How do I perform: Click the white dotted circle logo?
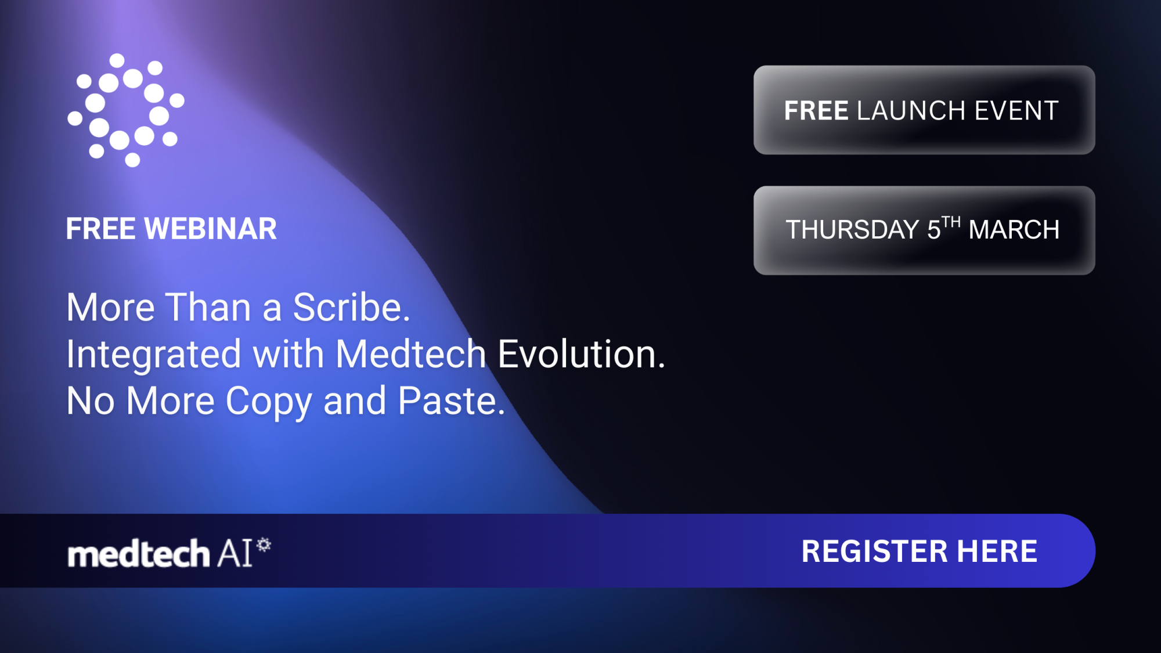(126, 110)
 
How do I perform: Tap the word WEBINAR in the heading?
(211, 229)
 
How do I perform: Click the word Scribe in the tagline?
(351, 307)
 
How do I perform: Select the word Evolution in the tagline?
(581, 354)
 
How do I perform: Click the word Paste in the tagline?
(451, 401)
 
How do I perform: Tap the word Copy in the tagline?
(269, 402)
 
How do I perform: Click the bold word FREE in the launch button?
(816, 111)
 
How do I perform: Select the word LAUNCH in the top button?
(911, 111)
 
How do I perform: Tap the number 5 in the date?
(933, 230)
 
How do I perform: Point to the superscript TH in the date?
(951, 222)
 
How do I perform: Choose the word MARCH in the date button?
(1014, 230)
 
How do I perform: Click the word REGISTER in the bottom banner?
(874, 551)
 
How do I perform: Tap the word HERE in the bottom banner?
(997, 551)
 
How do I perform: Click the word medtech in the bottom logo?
(138, 554)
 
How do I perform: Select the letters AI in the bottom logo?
(235, 553)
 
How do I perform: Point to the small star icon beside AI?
(264, 544)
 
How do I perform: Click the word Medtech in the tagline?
(410, 354)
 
